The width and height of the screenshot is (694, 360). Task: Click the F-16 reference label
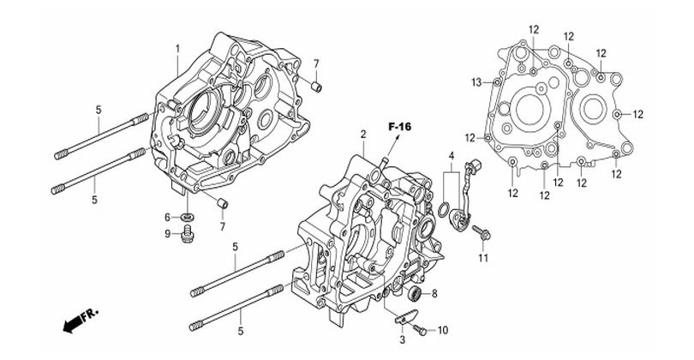pos(399,127)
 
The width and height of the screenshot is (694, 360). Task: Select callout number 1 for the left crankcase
pos(178,48)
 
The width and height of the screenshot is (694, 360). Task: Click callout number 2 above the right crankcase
pos(363,134)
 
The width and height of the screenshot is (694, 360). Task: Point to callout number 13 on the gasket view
pos(476,82)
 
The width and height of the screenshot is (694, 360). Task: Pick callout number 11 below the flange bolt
pos(483,258)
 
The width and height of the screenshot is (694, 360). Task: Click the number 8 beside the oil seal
pos(434,293)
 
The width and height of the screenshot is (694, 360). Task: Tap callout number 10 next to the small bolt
pos(443,330)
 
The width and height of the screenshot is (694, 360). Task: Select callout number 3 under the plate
pos(403,340)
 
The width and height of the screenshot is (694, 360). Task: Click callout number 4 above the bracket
pos(452,155)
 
